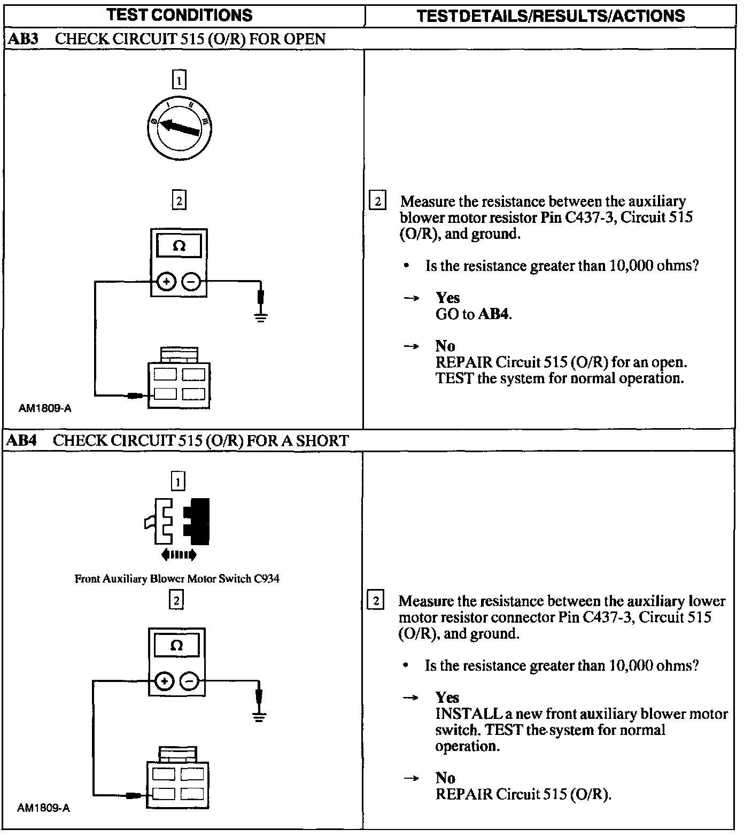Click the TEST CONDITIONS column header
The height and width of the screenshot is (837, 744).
(x=180, y=15)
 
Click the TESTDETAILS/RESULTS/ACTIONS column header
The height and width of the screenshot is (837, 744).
(x=551, y=15)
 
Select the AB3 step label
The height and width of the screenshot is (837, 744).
(x=23, y=39)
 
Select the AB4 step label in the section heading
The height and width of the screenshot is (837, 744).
(x=22, y=440)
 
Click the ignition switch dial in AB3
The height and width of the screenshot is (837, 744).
(x=179, y=127)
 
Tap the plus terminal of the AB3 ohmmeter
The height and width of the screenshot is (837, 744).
(x=166, y=281)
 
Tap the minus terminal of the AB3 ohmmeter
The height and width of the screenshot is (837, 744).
(x=191, y=281)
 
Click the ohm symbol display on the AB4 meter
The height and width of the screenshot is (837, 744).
(x=176, y=646)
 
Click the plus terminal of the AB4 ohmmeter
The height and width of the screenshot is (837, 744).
(x=164, y=681)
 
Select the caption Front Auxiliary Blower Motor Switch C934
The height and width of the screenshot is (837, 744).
(x=177, y=578)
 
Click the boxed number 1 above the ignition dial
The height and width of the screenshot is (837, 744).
(x=179, y=81)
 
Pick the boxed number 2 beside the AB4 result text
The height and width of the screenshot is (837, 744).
(x=376, y=601)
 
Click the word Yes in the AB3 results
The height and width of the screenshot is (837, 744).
(x=447, y=298)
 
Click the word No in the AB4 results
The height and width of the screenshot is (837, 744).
(x=445, y=778)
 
